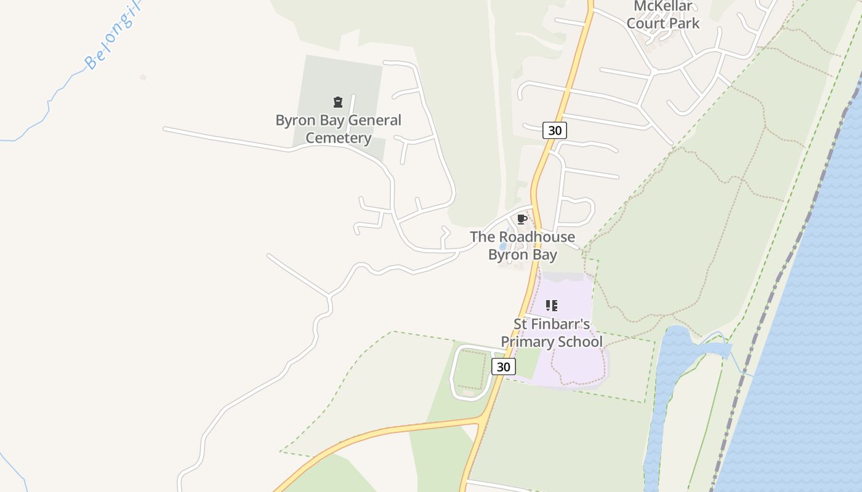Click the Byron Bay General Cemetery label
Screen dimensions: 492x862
point(338,129)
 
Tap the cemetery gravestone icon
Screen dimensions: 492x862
point(337,102)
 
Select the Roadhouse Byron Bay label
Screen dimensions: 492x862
point(522,245)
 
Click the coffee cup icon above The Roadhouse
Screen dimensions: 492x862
point(522,220)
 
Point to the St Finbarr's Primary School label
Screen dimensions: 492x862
point(551,333)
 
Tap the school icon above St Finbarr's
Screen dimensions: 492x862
point(551,306)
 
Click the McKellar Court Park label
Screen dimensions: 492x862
point(663,15)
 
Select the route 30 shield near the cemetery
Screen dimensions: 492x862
point(555,130)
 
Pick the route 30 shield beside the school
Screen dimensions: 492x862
point(503,367)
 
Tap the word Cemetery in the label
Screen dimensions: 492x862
point(338,138)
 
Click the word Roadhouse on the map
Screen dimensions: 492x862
point(536,237)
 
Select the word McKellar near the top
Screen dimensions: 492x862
point(663,7)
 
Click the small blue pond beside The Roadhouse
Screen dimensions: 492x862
point(503,246)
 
